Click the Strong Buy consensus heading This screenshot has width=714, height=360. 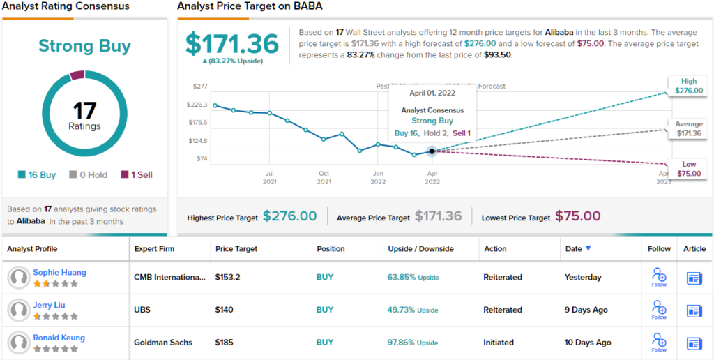coord(84,47)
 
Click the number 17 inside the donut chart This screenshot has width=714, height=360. coord(84,110)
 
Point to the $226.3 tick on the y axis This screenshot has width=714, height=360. coord(197,105)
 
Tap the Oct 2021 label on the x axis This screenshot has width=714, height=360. coord(324,177)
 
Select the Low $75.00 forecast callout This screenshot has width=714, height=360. coord(689,168)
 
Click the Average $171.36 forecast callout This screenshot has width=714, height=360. coord(689,128)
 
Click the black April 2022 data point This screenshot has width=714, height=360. coord(432,151)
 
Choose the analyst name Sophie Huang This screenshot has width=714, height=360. coord(59,272)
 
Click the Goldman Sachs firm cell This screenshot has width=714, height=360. coord(163,343)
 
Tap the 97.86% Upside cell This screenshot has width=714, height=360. coord(413,343)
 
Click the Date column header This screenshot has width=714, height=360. coord(579,248)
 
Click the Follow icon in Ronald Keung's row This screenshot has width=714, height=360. coord(659,340)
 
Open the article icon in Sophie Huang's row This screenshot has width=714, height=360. coord(694,278)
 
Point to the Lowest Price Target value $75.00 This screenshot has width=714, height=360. coord(578,217)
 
